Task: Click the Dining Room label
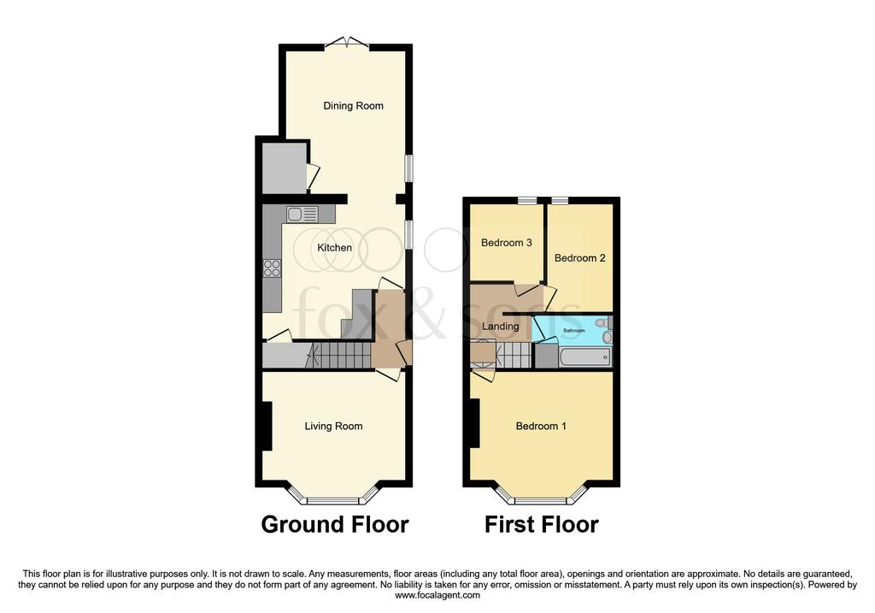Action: pos(353,105)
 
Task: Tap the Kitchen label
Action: pos(334,247)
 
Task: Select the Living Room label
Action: pos(334,426)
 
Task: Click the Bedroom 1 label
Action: pos(541,426)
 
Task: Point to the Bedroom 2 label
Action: pos(580,258)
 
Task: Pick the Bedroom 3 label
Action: pos(506,242)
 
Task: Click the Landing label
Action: pos(500,326)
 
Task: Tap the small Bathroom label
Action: pos(573,331)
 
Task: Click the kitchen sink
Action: pos(302,215)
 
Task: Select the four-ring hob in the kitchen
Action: pos(273,268)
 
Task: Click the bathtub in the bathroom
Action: pos(584,357)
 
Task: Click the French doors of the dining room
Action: pos(347,44)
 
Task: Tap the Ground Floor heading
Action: pos(335,525)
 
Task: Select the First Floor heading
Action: pos(541,525)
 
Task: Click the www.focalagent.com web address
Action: pos(437,595)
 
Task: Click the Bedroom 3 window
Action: pos(526,200)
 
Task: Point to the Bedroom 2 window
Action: pos(561,200)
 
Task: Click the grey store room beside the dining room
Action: pos(284,168)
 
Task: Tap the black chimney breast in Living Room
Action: pos(267,426)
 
